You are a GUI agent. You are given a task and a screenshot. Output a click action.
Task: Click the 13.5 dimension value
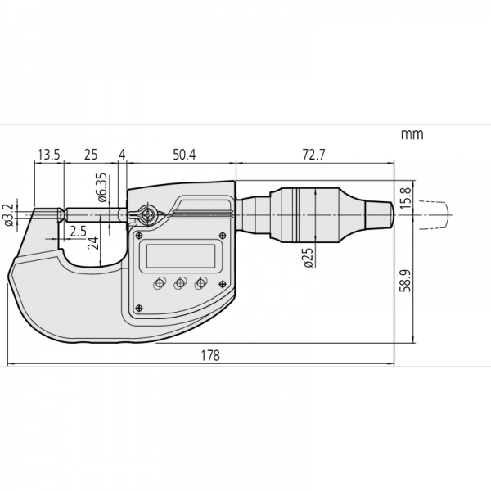pyautogui.click(x=48, y=154)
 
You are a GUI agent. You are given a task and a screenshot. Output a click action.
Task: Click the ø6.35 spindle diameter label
pyautogui.click(x=101, y=187)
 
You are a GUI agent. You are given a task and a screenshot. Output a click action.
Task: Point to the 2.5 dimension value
pyautogui.click(x=78, y=232)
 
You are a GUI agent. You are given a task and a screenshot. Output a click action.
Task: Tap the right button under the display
pyautogui.click(x=198, y=283)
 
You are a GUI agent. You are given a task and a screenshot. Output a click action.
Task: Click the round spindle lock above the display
pyautogui.click(x=147, y=215)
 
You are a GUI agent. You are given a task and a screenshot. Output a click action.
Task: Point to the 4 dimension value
pyautogui.click(x=122, y=154)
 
